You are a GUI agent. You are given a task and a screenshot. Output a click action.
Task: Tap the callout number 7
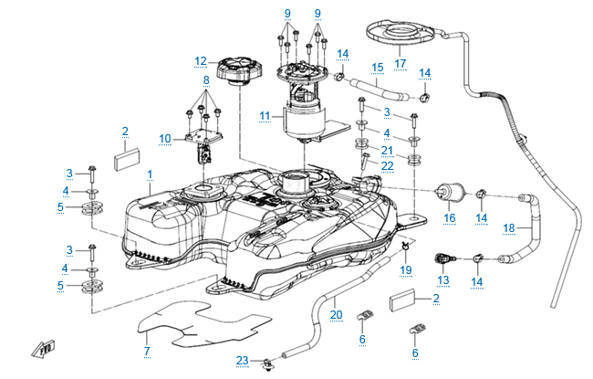pyautogui.click(x=147, y=351)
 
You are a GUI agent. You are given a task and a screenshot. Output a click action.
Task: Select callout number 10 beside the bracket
pyautogui.click(x=164, y=139)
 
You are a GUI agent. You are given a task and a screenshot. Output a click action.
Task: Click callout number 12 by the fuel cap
pyautogui.click(x=200, y=61)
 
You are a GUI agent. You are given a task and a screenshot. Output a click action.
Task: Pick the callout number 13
pyautogui.click(x=443, y=280)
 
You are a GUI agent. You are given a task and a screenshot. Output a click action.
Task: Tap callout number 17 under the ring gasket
pyautogui.click(x=400, y=63)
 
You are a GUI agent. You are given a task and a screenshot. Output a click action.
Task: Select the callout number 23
pyautogui.click(x=242, y=361)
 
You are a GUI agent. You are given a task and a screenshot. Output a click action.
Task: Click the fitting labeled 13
pyautogui.click(x=444, y=258)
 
